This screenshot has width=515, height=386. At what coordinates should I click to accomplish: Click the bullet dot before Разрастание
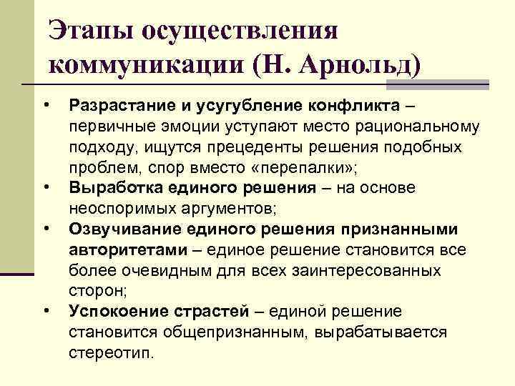pos(46,107)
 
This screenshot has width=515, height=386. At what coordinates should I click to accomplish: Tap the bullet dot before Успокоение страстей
pos(46,310)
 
